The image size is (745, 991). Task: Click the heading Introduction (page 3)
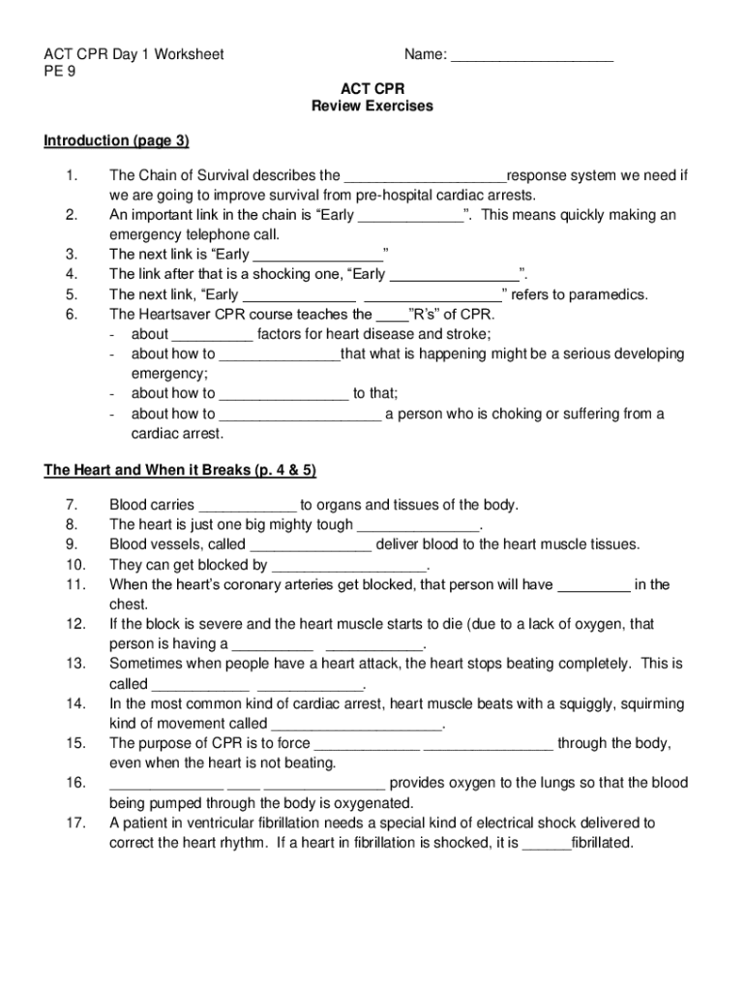click(116, 141)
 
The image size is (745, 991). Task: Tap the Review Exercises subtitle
click(372, 106)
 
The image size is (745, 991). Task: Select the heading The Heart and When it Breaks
click(180, 470)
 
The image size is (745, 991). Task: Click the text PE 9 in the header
click(60, 73)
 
